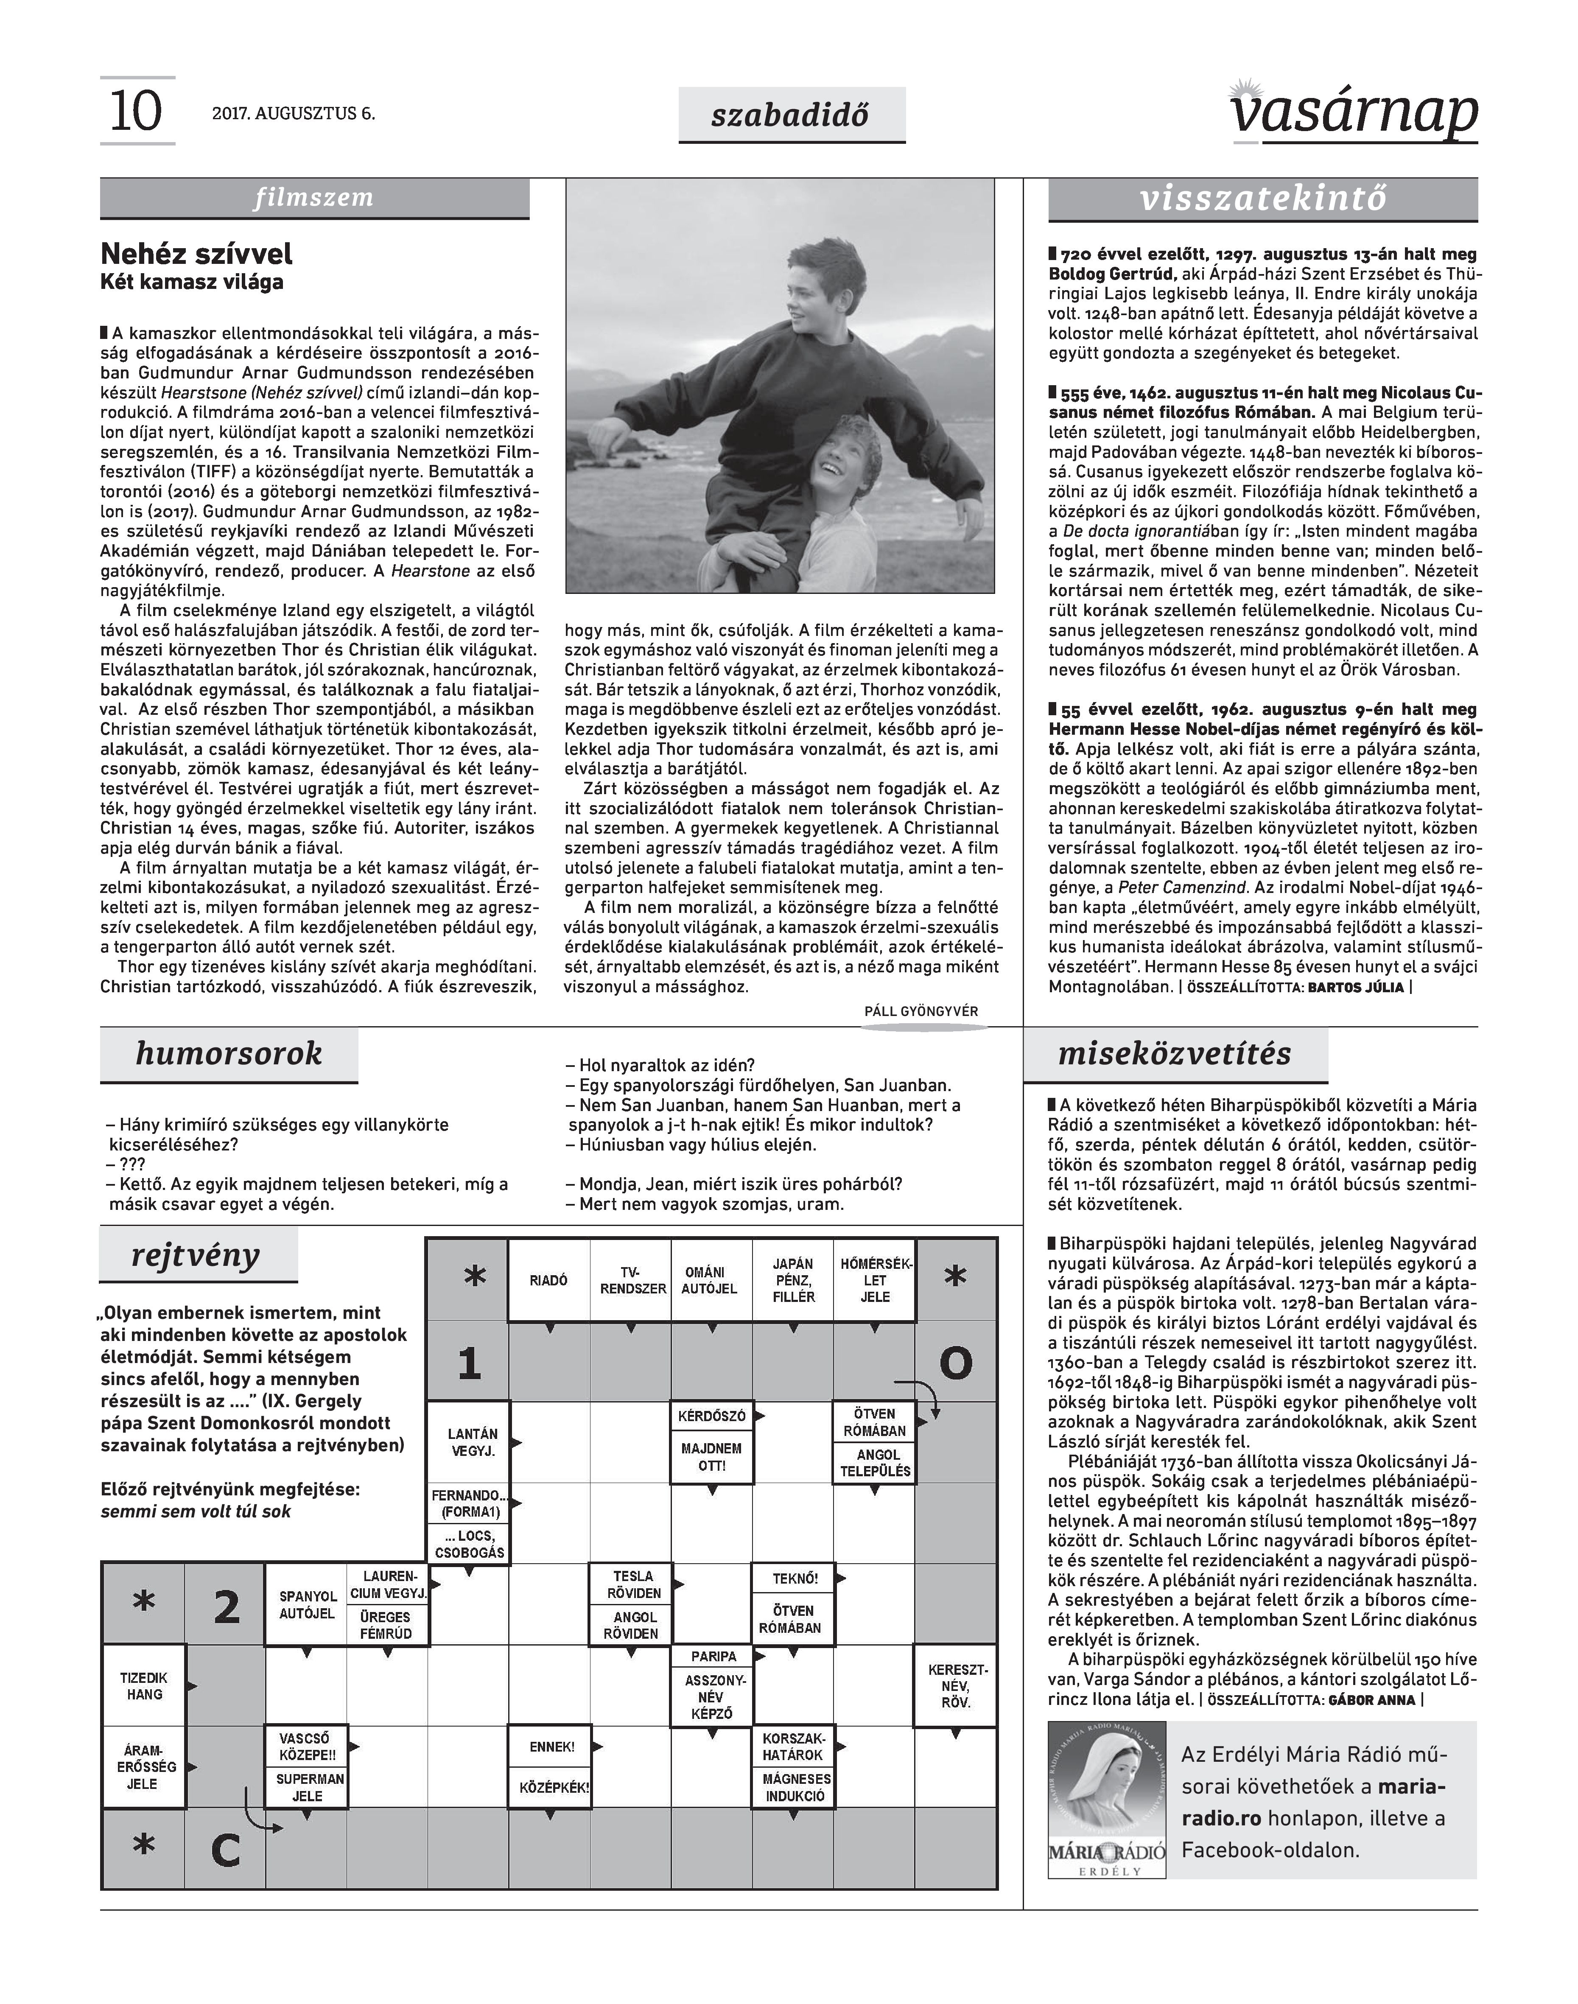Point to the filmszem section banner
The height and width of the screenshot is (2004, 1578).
[x=314, y=198]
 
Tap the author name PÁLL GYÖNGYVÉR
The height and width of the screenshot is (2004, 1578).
[x=920, y=1011]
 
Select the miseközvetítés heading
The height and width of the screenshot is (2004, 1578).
[x=1174, y=1053]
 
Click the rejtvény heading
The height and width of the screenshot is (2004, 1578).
[x=196, y=1256]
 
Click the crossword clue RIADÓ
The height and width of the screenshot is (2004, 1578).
[x=549, y=1281]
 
